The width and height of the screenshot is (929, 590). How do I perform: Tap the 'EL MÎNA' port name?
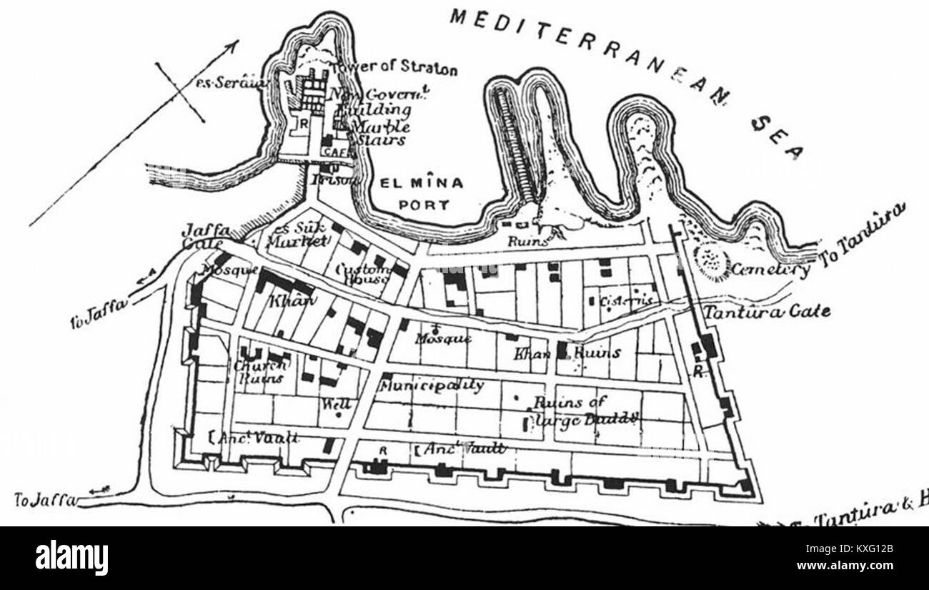pos(421,183)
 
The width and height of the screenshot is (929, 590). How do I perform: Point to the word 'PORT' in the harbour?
pos(424,205)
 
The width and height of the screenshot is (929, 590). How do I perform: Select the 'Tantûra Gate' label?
pos(767,312)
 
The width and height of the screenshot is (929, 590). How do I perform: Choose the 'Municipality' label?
pos(432,385)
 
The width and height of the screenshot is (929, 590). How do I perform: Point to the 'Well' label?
pos(335,403)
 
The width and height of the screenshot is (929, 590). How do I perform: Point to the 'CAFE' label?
pos(334,152)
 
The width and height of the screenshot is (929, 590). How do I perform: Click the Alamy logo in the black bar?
pos(72,557)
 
